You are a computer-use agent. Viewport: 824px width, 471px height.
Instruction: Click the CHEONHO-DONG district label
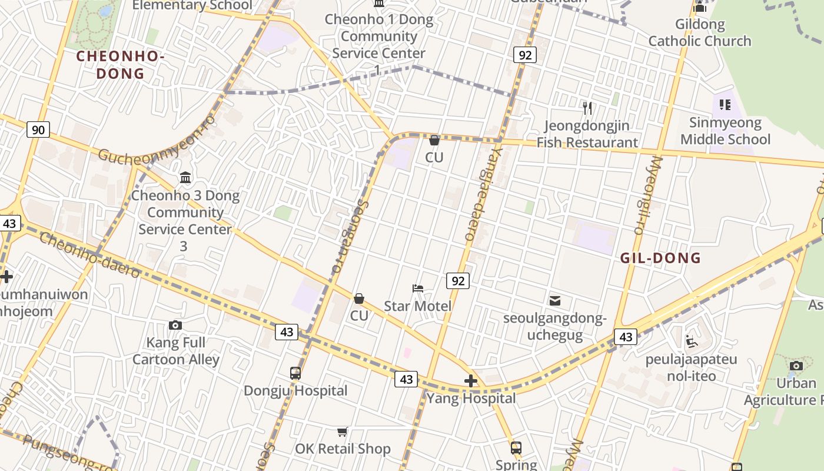(119, 65)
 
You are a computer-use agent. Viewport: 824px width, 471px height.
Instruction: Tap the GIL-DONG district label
(660, 258)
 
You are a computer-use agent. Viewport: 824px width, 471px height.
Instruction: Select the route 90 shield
(38, 130)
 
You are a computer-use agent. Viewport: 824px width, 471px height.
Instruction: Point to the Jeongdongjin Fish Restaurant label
(587, 134)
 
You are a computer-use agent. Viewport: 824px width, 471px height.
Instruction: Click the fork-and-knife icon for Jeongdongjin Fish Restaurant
(587, 108)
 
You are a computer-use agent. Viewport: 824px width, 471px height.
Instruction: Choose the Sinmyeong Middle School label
(725, 131)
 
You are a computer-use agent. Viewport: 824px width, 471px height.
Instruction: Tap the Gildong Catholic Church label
(700, 33)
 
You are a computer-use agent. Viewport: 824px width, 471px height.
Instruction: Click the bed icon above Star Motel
(418, 288)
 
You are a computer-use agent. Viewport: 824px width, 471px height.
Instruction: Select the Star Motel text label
(418, 306)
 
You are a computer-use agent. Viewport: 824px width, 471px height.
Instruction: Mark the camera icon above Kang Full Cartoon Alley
(175, 325)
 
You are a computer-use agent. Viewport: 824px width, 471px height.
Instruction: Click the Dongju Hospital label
(295, 391)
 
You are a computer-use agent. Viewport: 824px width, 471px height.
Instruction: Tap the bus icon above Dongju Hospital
(295, 373)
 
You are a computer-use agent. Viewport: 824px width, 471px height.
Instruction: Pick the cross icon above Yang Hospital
(471, 381)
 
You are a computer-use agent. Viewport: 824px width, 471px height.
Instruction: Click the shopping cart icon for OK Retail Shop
(343, 432)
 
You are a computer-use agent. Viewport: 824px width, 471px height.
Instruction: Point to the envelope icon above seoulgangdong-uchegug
(554, 301)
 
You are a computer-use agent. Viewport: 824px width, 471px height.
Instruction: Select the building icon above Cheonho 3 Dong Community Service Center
(185, 177)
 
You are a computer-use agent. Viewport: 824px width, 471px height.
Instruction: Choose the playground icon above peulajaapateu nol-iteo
(692, 341)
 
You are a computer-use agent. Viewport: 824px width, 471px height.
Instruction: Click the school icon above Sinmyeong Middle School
(725, 105)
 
